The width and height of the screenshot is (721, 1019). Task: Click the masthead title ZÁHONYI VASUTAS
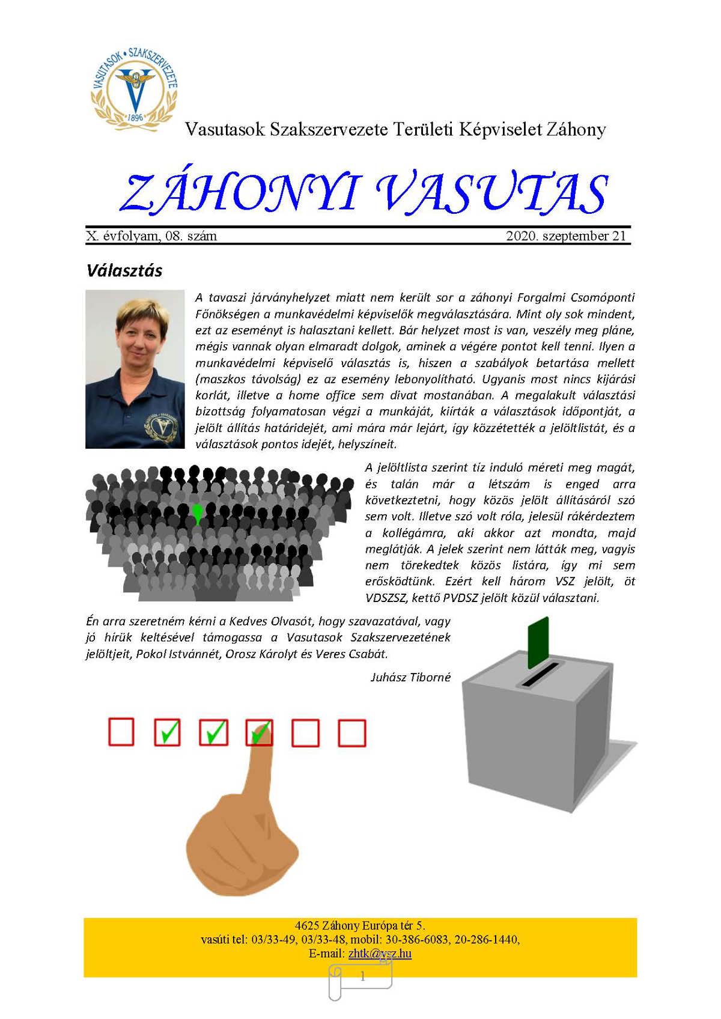pyautogui.click(x=364, y=193)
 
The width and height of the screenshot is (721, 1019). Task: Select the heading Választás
pyautogui.click(x=124, y=270)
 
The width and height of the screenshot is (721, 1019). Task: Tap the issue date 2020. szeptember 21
pyautogui.click(x=566, y=236)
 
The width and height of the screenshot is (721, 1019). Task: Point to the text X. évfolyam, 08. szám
pyautogui.click(x=151, y=236)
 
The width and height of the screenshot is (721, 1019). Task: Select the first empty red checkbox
pyautogui.click(x=121, y=732)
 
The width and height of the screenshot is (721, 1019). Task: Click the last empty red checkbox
pyautogui.click(x=351, y=732)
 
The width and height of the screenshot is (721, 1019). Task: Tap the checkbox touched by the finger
pyautogui.click(x=260, y=732)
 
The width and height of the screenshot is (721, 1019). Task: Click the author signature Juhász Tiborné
pyautogui.click(x=410, y=677)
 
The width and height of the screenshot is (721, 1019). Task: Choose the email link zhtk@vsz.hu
pyautogui.click(x=380, y=954)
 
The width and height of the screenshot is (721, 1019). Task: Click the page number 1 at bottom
pyautogui.click(x=362, y=977)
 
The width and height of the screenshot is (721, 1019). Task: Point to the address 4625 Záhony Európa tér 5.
pyautogui.click(x=360, y=926)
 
